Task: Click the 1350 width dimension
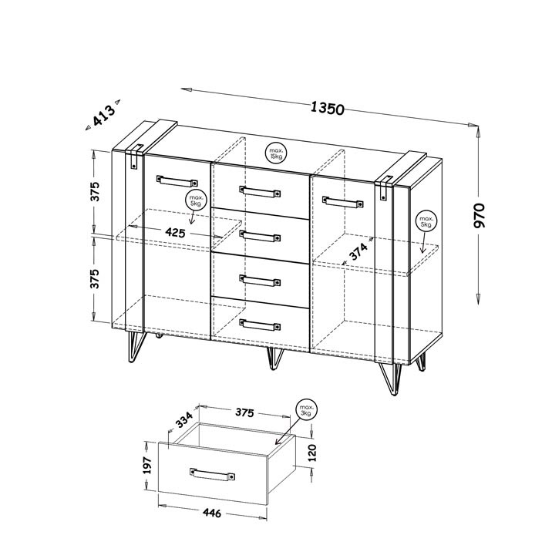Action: point(326,109)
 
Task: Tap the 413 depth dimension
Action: point(103,116)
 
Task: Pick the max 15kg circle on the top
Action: point(276,153)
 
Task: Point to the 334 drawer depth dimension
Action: point(183,419)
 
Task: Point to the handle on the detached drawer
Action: point(210,474)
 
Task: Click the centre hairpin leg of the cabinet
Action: point(274,358)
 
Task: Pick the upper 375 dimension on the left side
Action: point(96,193)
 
